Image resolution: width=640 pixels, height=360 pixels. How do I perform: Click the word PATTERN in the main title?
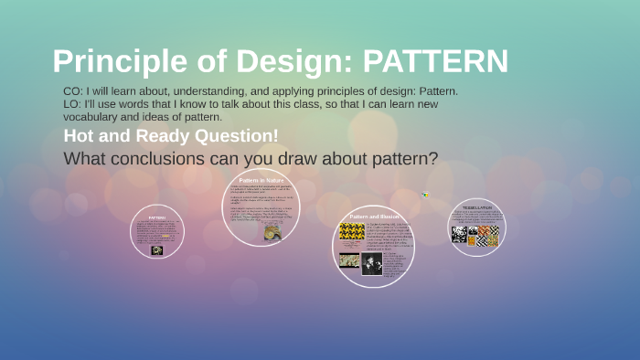[x=435, y=61]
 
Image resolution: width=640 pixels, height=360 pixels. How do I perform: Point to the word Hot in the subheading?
[x=80, y=136]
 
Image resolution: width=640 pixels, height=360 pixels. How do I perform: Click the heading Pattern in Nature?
[x=261, y=180]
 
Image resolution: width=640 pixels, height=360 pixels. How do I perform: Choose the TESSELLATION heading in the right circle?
[x=476, y=207]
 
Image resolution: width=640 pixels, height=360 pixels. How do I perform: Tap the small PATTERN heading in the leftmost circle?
[x=157, y=217]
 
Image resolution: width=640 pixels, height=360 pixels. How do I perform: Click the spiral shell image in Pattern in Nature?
[x=272, y=232]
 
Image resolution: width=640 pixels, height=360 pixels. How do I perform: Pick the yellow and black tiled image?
[x=352, y=231]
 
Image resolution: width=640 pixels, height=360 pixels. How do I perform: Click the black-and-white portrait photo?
[x=372, y=264]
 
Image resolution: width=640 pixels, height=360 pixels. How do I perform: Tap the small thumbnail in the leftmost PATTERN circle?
[x=157, y=249]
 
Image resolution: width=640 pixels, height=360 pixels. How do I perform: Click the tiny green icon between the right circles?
[x=425, y=194]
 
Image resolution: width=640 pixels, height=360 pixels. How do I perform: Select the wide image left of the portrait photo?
[x=349, y=260]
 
